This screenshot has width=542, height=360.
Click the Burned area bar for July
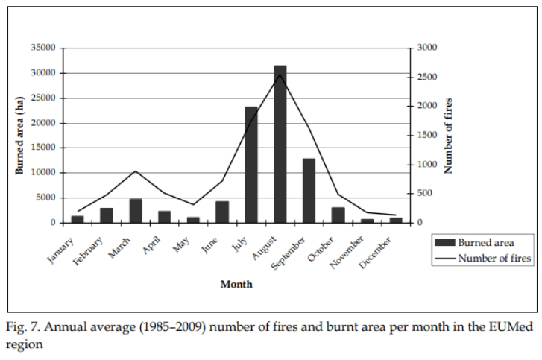point(251,165)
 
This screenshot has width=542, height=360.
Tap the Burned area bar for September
point(309,190)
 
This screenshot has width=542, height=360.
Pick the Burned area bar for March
point(136,211)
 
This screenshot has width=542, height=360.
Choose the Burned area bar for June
point(222,212)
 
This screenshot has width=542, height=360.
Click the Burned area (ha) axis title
point(20,135)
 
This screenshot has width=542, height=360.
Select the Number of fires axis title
point(450,135)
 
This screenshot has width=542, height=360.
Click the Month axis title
point(236,284)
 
